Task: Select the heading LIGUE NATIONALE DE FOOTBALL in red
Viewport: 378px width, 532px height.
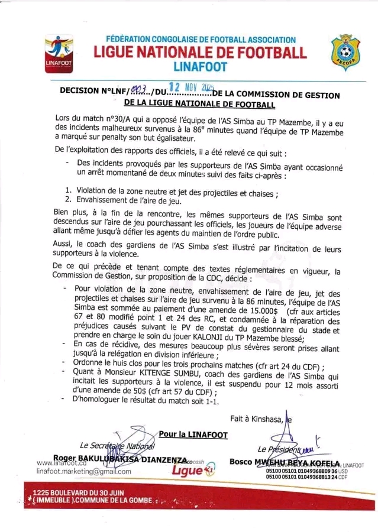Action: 201,52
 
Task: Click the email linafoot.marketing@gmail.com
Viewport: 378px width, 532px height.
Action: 75,472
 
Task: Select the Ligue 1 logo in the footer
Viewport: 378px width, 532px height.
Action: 186,471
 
